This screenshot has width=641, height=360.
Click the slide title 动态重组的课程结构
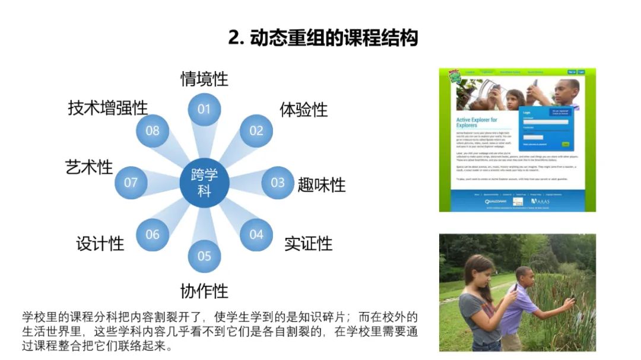click(323, 38)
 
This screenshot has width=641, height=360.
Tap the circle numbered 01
click(204, 109)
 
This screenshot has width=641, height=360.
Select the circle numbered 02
click(256, 130)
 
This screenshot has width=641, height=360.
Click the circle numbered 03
click(277, 183)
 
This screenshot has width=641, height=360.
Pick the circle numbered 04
click(256, 234)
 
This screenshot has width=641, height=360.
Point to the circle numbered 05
click(204, 256)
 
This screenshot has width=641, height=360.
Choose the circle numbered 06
click(153, 234)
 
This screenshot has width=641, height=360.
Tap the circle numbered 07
click(131, 183)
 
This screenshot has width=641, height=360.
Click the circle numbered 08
click(153, 130)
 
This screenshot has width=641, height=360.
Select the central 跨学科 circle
click(204, 183)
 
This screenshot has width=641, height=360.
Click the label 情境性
click(204, 78)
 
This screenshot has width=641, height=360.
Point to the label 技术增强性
click(107, 108)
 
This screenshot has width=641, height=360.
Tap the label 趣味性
click(322, 184)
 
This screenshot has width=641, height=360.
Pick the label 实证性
click(308, 243)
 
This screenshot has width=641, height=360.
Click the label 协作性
click(204, 291)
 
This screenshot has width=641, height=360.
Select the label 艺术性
click(89, 167)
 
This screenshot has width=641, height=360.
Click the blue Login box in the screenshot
click(545, 128)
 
